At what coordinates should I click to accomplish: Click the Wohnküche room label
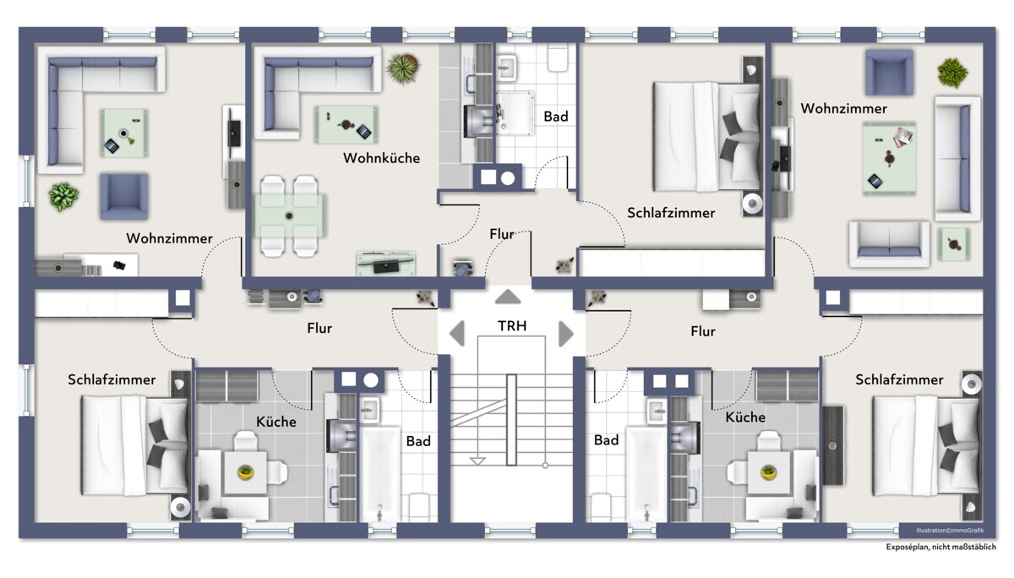click(x=381, y=158)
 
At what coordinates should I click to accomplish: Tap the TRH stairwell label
click(x=512, y=326)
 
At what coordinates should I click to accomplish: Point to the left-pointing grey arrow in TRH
click(x=457, y=334)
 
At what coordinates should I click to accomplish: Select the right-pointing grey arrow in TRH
click(x=566, y=334)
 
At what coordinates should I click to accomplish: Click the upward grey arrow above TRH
click(x=508, y=297)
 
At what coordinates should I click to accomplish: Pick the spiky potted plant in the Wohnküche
click(x=402, y=68)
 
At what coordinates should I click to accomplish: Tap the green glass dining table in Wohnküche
click(x=290, y=215)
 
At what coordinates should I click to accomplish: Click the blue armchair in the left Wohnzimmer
click(x=124, y=196)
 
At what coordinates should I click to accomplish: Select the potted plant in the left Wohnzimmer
click(x=63, y=197)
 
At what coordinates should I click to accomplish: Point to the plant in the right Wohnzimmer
click(x=952, y=73)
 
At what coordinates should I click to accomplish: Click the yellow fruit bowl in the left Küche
click(x=246, y=472)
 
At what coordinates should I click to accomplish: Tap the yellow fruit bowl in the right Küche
click(x=768, y=472)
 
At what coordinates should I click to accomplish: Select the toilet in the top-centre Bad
click(x=558, y=58)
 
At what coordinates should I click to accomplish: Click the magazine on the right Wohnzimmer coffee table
click(x=902, y=137)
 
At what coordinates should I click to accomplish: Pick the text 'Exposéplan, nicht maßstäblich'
click(x=940, y=547)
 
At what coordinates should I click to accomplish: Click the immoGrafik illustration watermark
click(x=950, y=531)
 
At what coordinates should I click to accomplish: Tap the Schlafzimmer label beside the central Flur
click(x=671, y=213)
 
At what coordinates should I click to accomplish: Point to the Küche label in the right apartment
click(x=745, y=417)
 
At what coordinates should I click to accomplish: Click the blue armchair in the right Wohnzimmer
click(x=889, y=73)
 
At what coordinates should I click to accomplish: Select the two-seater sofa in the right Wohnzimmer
click(x=889, y=243)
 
